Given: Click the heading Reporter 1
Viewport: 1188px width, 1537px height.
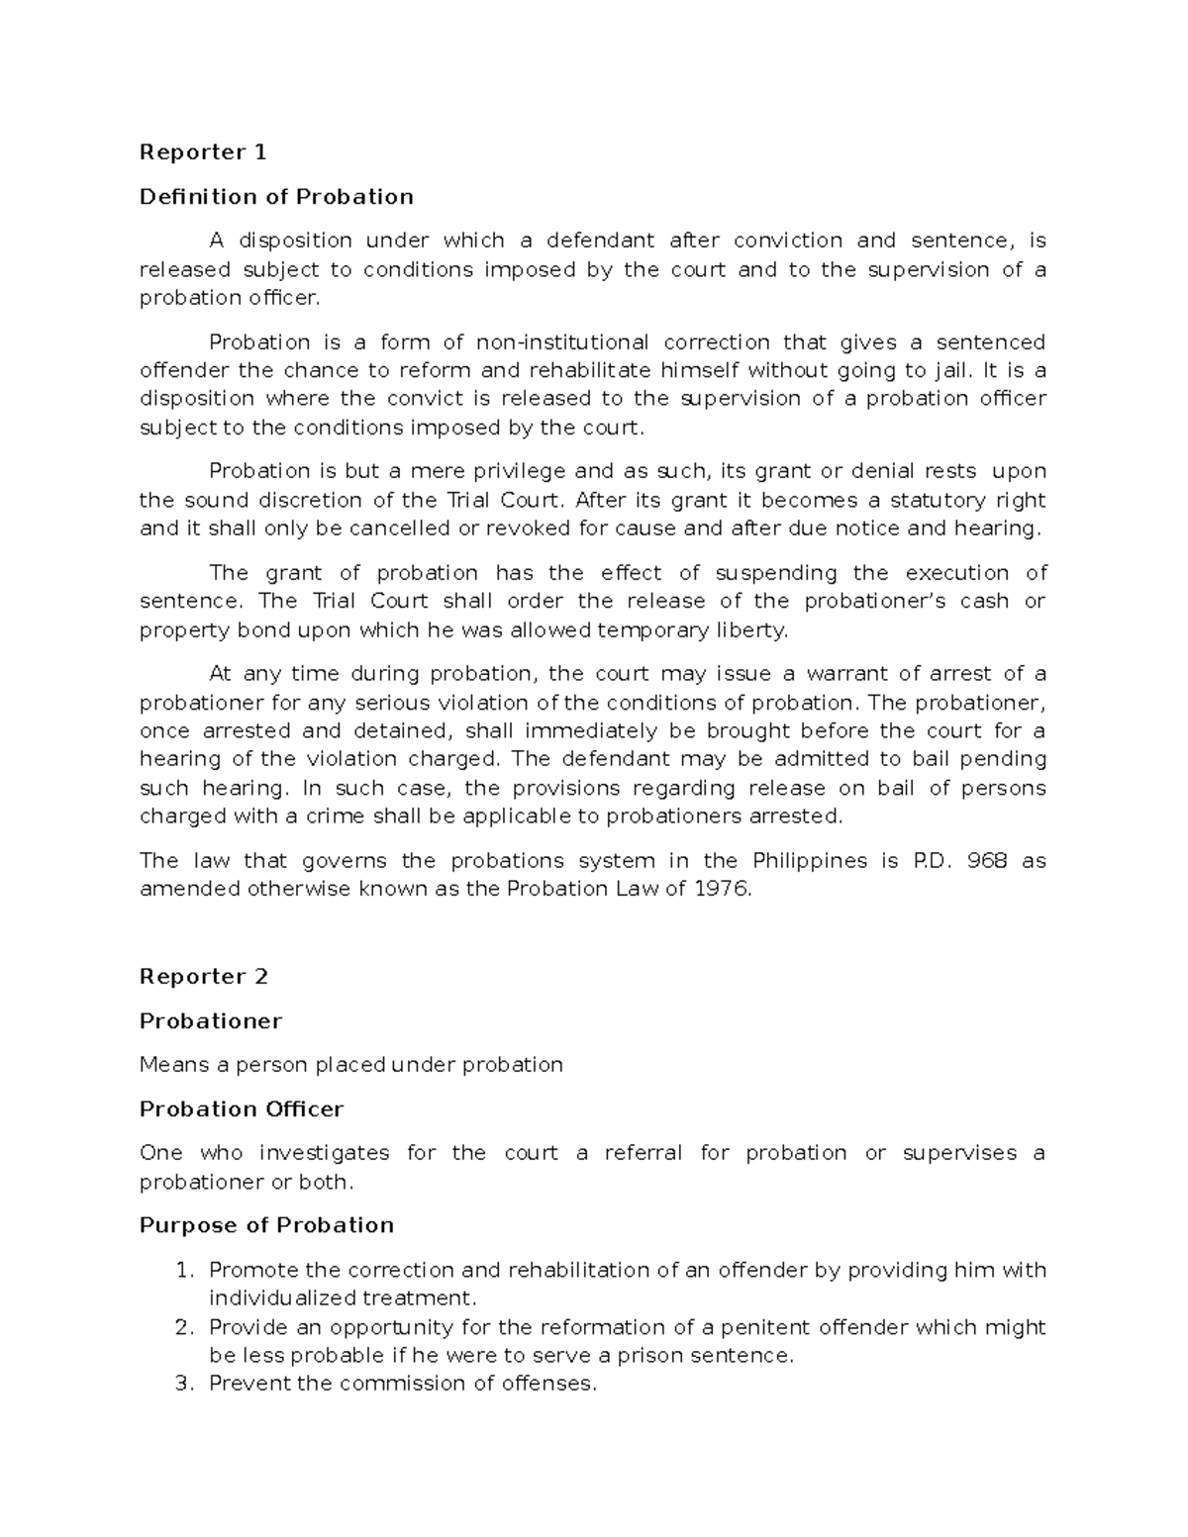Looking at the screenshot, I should point(203,152).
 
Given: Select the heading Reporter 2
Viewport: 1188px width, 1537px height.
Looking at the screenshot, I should point(203,977).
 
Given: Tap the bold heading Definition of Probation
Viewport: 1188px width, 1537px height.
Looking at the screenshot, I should point(276,197).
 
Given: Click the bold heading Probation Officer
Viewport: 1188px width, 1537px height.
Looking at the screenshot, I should point(242,1109).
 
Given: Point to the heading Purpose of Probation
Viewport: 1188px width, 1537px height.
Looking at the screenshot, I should point(266,1225).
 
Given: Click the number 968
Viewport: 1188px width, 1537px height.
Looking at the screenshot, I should point(987,860).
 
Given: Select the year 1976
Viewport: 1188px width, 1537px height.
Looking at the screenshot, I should point(721,889).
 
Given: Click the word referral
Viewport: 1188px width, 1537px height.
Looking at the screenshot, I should point(643,1153).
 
